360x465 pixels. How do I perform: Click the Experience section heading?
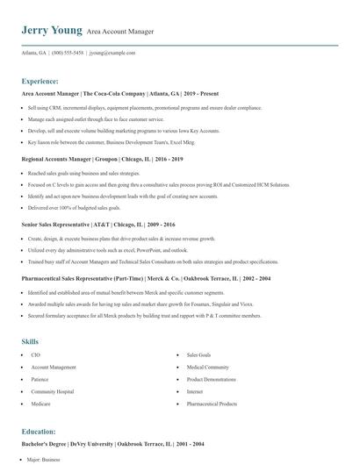pyautogui.click(x=40, y=80)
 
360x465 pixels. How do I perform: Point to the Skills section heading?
pyautogui.click(x=30, y=340)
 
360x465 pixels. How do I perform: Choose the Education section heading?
pyautogui.click(x=39, y=432)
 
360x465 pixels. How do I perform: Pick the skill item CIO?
pyautogui.click(x=36, y=354)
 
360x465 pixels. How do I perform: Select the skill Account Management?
pyautogui.click(x=54, y=367)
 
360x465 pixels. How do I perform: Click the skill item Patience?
pyautogui.click(x=40, y=379)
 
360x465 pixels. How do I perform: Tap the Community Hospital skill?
pyautogui.click(x=53, y=391)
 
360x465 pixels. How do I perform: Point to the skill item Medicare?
pyautogui.click(x=41, y=404)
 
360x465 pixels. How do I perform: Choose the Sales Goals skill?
pyautogui.click(x=198, y=354)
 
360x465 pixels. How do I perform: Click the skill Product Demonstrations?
pyautogui.click(x=212, y=379)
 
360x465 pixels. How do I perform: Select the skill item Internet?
pyautogui.click(x=194, y=391)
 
